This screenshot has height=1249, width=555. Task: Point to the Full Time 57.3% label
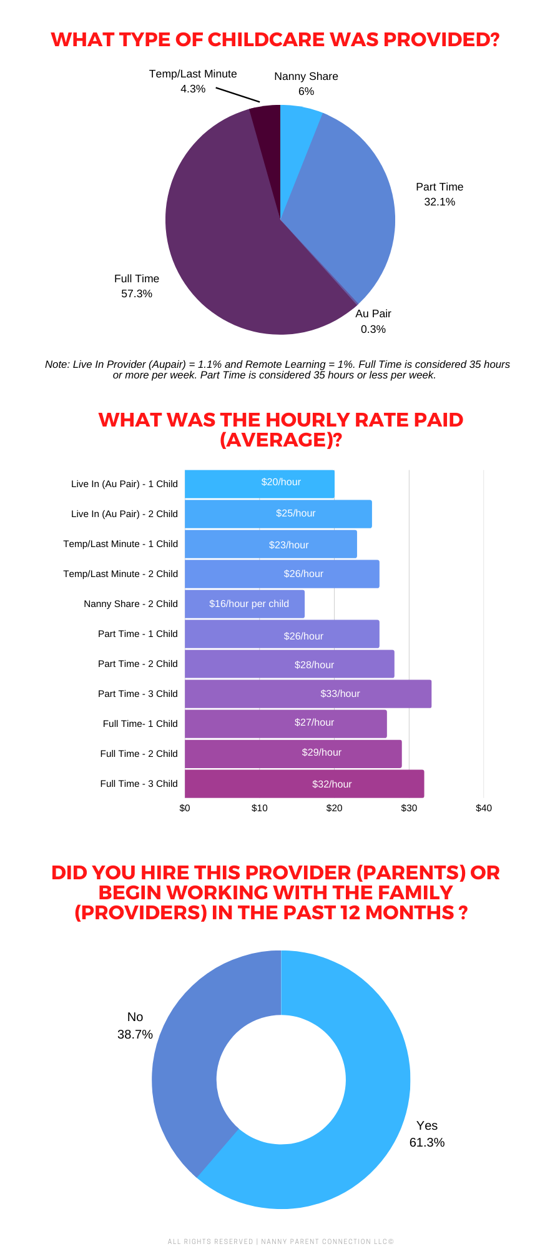137,286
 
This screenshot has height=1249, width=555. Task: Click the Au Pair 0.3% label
373,321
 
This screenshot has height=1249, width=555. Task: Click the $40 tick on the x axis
483,808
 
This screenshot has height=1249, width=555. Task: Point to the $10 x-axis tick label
259,808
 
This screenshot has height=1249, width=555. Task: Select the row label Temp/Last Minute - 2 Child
120,574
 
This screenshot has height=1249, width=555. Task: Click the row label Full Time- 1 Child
140,724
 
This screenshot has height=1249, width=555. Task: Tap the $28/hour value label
314,665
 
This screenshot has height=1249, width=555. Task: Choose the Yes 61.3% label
427,1134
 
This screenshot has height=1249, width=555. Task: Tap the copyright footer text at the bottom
280,1242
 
